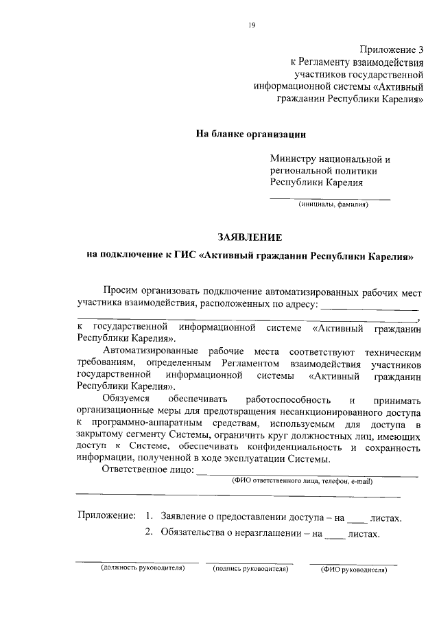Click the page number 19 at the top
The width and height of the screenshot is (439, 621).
pos(252,25)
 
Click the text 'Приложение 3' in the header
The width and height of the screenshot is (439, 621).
pos(392,49)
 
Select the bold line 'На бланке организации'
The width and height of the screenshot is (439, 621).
pos(250,133)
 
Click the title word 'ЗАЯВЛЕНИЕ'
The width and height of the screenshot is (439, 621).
pos(250,237)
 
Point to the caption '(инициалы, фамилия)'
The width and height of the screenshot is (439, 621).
pos(333,204)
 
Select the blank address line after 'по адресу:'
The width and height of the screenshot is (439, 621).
pos(370,308)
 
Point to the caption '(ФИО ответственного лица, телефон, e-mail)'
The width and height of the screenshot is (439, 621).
pos(302,482)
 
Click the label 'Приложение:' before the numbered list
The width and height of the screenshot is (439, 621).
pos(106,516)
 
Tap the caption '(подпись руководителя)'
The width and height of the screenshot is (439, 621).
pos(250,568)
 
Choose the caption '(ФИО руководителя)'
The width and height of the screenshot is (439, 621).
pos(353,569)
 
